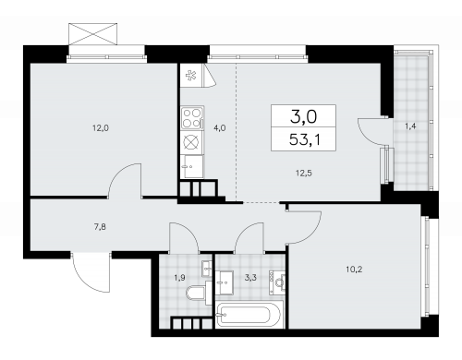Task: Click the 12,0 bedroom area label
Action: click(101, 127)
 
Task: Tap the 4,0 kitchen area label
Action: click(220, 127)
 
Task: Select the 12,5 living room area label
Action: click(304, 174)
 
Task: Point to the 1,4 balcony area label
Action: click(410, 126)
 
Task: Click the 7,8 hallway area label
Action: click(101, 227)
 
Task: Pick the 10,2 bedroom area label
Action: click(354, 270)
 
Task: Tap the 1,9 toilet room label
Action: click(179, 278)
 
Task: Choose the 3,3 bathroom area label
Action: click(250, 278)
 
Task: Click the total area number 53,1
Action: click(305, 140)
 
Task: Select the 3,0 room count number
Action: click(303, 117)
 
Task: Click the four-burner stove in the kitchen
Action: click(192, 118)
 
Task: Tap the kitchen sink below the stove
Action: click(193, 166)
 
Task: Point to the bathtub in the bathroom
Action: click(249, 315)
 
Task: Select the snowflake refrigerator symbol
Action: click(191, 75)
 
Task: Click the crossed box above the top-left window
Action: click(92, 34)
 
